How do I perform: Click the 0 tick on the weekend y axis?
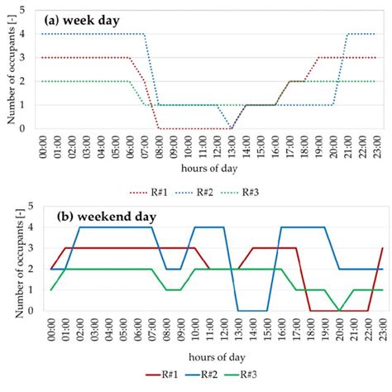pyautogui.click(x=30, y=311)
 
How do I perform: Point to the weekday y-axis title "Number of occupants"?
pyautogui.click(x=12, y=70)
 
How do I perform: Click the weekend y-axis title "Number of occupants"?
pyautogui.click(x=12, y=258)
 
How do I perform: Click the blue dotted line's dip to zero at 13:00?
pyautogui.click(x=232, y=127)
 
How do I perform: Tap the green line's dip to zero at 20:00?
pyautogui.click(x=339, y=311)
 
